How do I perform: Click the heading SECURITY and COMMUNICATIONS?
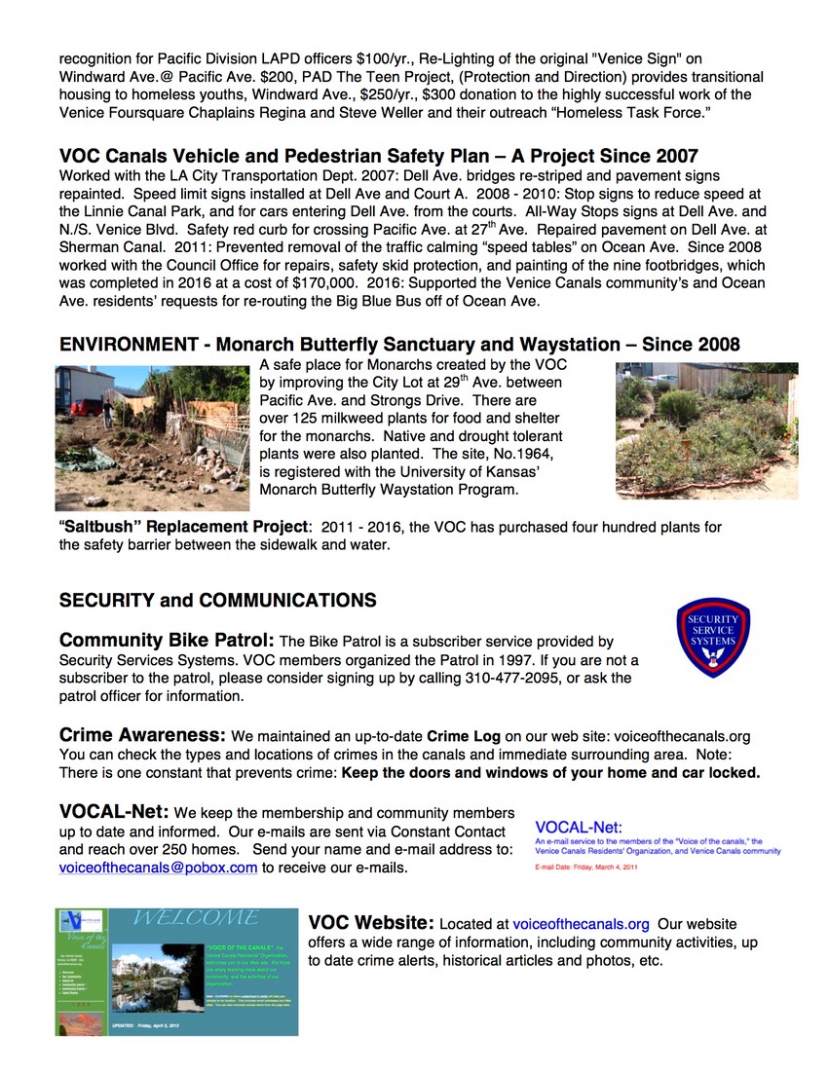pos(217,600)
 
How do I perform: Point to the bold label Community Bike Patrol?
pos(168,641)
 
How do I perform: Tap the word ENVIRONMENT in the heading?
pos(131,345)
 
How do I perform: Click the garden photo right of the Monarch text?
pos(706,431)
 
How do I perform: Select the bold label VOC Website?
pos(371,923)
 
